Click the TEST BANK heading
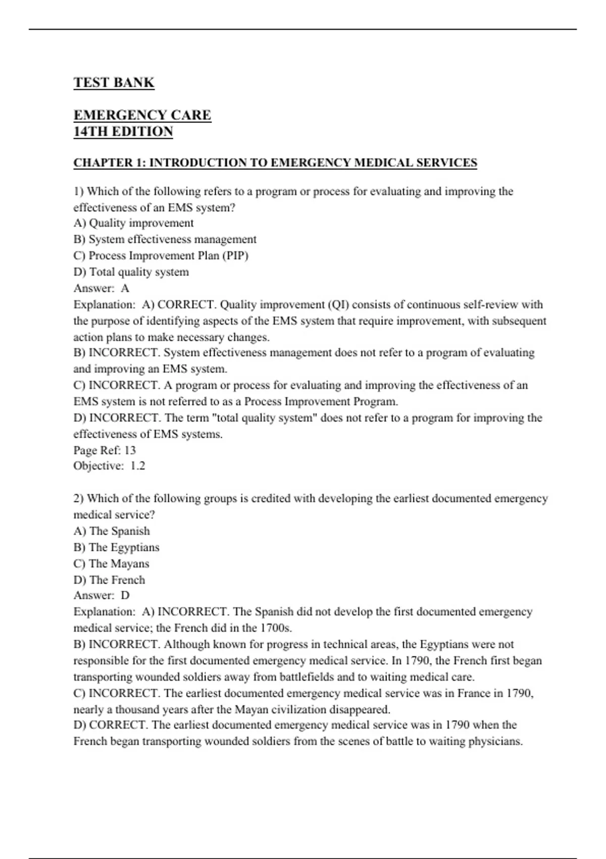tap(114, 83)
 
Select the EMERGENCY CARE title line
tap(142, 115)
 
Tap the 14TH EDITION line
tap(123, 132)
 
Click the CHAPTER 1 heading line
tap(275, 163)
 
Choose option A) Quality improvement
tap(133, 223)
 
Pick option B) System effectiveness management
tap(165, 240)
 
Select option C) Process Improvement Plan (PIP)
tap(161, 256)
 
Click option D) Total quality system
tap(131, 272)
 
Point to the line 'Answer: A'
tap(101, 289)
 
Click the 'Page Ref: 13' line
tap(105, 450)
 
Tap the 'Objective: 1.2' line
tap(109, 466)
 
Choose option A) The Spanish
tap(112, 531)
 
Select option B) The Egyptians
tap(116, 547)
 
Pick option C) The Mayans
tap(111, 563)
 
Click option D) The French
tap(109, 580)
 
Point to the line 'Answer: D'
tap(101, 595)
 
